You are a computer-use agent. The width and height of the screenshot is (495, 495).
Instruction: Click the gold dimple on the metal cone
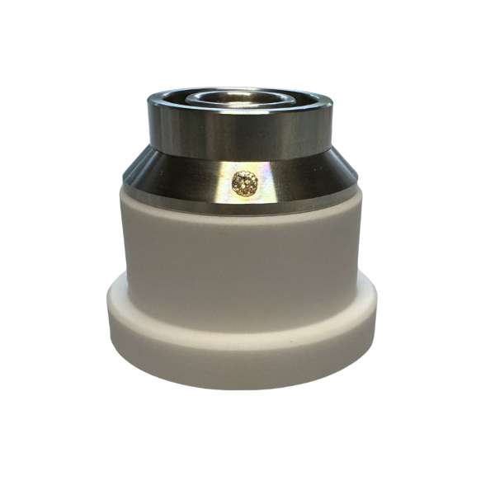pyautogui.click(x=244, y=184)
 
